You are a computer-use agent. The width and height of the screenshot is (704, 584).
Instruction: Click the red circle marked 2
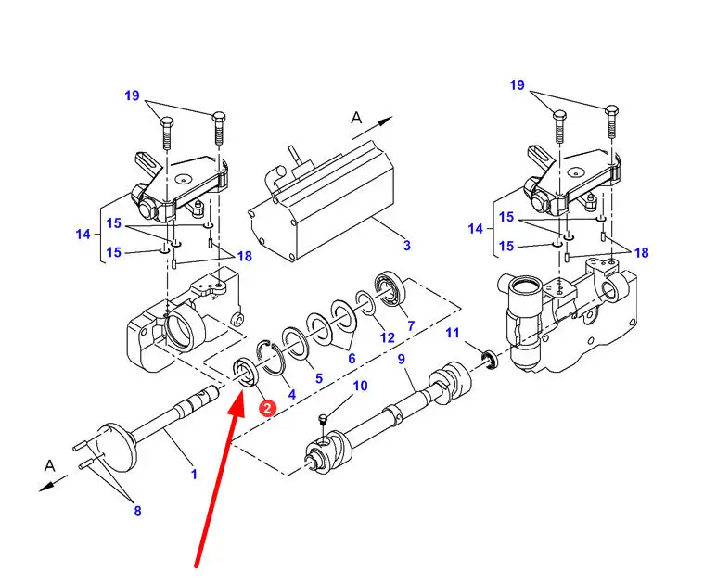[x=267, y=408]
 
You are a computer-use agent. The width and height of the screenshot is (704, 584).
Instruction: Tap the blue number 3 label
[x=407, y=246]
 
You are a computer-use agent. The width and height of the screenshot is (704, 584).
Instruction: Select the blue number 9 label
[x=402, y=359]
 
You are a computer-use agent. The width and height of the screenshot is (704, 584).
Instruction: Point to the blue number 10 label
[x=360, y=386]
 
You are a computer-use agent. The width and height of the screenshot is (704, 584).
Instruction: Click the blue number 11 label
[x=453, y=333]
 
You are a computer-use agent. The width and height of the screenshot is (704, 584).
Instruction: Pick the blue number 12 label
[x=388, y=337]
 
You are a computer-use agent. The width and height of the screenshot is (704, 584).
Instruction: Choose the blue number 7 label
[x=411, y=325]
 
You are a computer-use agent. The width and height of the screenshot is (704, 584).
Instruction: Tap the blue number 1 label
[x=194, y=474]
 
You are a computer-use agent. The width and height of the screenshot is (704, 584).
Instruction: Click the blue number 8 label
[x=137, y=511]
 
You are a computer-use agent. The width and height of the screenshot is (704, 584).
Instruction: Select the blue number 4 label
[x=292, y=394]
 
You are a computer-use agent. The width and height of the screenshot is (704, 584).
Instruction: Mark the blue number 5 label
[x=319, y=377]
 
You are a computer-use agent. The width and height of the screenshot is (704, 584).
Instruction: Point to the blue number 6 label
[x=352, y=358]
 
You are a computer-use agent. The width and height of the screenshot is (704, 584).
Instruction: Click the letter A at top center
[x=356, y=118]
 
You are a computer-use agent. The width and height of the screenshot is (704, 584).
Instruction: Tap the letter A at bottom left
[x=49, y=465]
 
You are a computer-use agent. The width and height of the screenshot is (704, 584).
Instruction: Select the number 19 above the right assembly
[x=518, y=84]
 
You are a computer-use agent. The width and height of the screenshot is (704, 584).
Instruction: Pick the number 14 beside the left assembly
[x=83, y=234]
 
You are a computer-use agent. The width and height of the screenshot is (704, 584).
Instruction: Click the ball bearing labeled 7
[x=390, y=289]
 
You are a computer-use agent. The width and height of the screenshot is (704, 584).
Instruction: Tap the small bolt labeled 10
[x=322, y=419]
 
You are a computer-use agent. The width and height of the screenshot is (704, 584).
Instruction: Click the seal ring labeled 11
[x=490, y=361]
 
